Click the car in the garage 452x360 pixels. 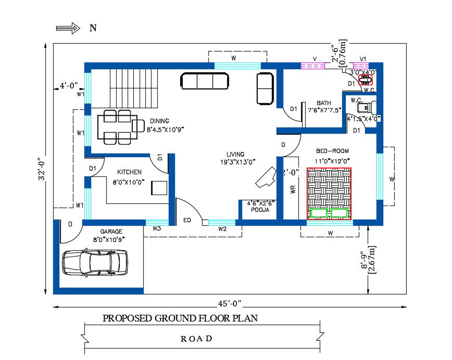tap(95, 262)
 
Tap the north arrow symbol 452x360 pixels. tap(68, 28)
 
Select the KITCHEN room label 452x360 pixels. tap(129, 172)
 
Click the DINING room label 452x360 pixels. tap(159, 121)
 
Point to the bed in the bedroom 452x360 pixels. tap(329, 193)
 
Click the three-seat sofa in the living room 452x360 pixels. tap(205, 81)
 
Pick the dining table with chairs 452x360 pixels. tap(117, 126)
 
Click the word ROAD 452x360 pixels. tap(196, 339)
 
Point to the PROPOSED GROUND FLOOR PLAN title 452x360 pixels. tap(180, 318)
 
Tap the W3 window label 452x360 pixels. tap(156, 228)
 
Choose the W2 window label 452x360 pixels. tap(222, 229)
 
